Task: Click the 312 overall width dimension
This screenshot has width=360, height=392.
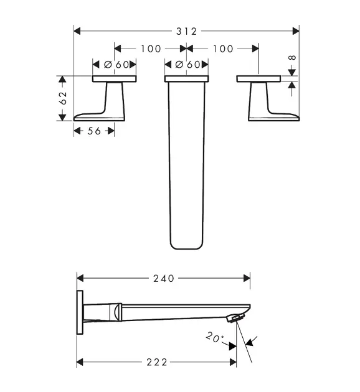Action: (187, 32)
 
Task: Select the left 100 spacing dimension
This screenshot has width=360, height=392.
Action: (151, 49)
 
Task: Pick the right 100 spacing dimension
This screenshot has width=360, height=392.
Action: (223, 49)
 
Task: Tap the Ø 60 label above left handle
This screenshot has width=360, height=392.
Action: (116, 65)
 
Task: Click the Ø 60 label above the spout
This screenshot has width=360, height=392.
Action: (188, 65)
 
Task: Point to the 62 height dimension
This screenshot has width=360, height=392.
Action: (62, 98)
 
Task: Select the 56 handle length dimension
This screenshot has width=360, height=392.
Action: (94, 131)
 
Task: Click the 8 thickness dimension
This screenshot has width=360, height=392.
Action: (292, 58)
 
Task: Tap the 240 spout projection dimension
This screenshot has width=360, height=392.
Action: (164, 279)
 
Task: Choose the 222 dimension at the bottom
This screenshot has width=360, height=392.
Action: (156, 362)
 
